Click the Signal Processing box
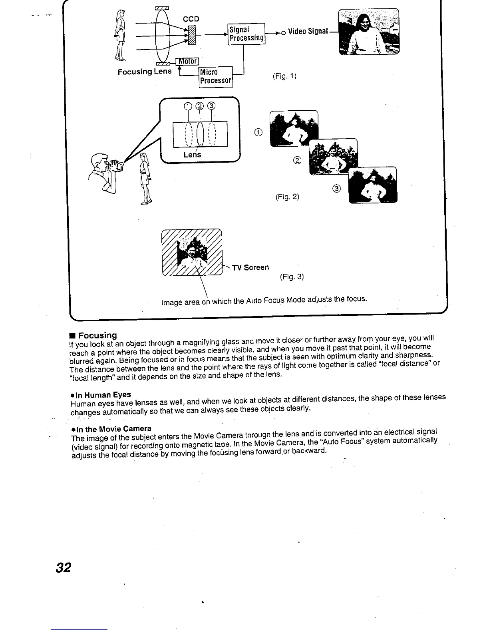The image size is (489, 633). [246, 34]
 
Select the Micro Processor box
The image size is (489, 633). [216, 76]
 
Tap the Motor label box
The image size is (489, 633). [187, 61]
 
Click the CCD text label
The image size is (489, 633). [191, 19]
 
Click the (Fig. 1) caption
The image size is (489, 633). [284, 76]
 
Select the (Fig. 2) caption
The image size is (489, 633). [287, 197]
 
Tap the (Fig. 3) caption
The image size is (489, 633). [292, 277]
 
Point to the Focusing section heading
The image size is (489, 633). [97, 335]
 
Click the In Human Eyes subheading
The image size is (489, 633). [101, 394]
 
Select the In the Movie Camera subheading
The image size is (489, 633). [111, 429]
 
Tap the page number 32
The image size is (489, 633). [63, 567]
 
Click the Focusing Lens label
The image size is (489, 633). [144, 72]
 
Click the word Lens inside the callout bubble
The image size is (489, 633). [192, 155]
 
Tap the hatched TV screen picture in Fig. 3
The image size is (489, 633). [191, 253]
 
